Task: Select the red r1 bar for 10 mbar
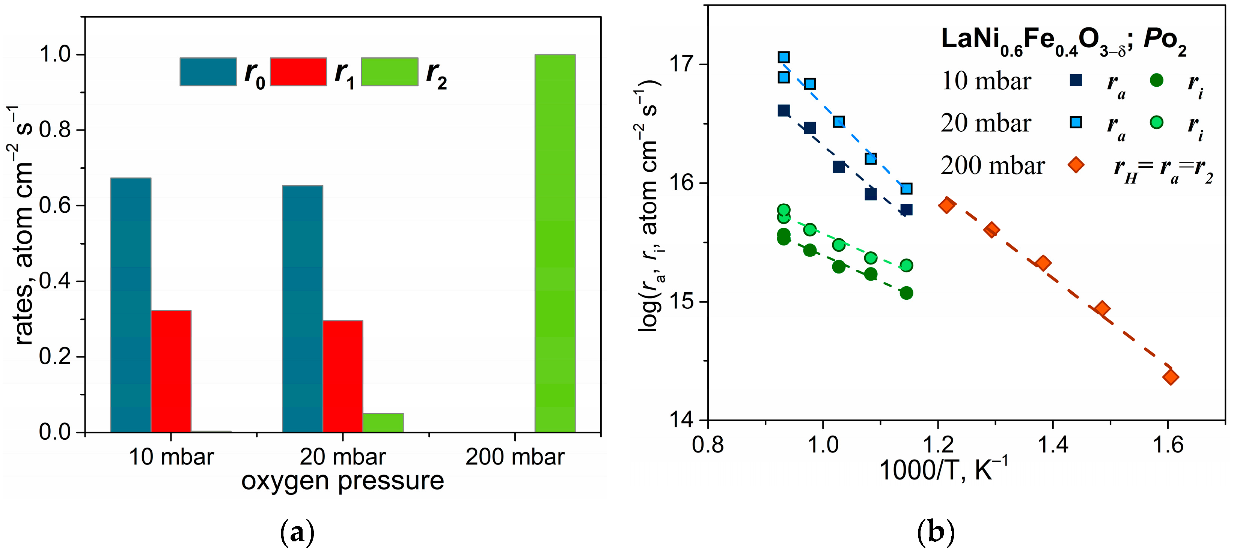tap(171, 371)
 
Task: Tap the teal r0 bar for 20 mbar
tap(302, 309)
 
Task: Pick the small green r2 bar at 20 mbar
tap(383, 422)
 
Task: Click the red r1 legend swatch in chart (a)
tap(298, 72)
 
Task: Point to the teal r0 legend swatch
tap(208, 72)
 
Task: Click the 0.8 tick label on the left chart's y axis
tap(54, 130)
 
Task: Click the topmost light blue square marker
tap(784, 57)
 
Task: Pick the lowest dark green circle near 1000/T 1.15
tap(906, 293)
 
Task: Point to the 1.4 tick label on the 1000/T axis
tap(1052, 445)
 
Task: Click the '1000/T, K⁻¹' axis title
tap(944, 470)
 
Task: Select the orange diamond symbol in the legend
tap(1076, 165)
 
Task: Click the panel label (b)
tap(936, 532)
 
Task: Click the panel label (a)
tap(297, 532)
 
